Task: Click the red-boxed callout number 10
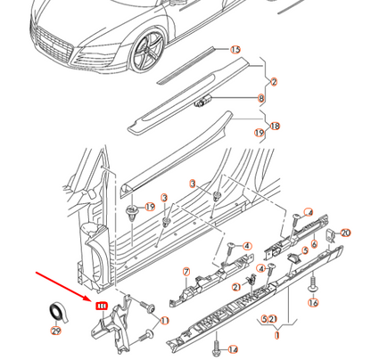pyautogui.click(x=101, y=306)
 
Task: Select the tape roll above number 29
pyautogui.click(x=56, y=311)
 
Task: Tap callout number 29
pyautogui.click(x=56, y=331)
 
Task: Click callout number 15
pyautogui.click(x=235, y=50)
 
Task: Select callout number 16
pyautogui.click(x=313, y=303)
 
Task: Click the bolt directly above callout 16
pyautogui.click(x=312, y=287)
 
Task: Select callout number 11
pyautogui.click(x=163, y=320)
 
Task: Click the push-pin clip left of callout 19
pyautogui.click(x=132, y=212)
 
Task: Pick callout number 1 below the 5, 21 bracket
pyautogui.click(x=276, y=336)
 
